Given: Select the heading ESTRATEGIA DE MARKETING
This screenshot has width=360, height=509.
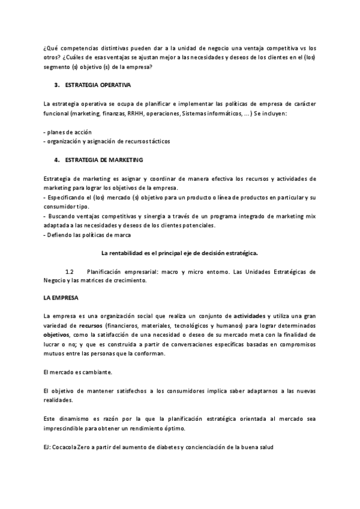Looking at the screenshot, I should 101,160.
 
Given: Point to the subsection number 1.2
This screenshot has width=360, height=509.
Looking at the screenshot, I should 69,272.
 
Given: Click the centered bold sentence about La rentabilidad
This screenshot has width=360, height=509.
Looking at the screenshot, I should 179,253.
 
